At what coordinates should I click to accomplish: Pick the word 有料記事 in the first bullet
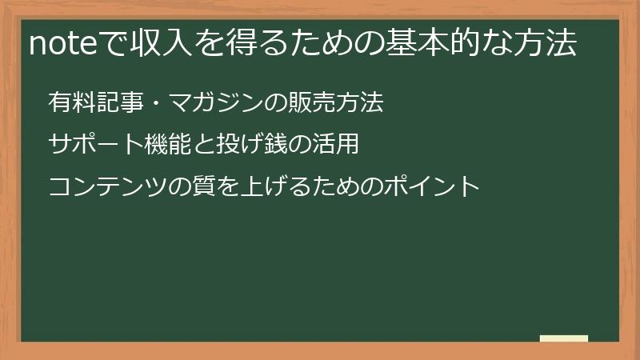click(x=88, y=103)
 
